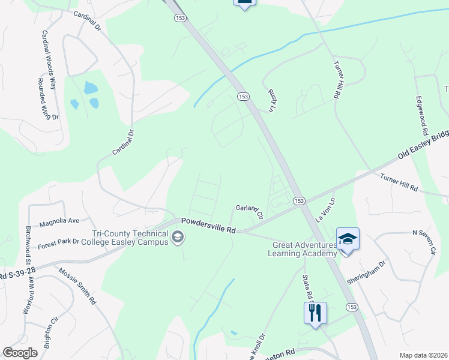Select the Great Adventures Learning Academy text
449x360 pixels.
pyautogui.click(x=304, y=249)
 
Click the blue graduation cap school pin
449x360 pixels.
pyautogui.click(x=348, y=239)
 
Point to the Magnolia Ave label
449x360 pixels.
pyautogui.click(x=59, y=222)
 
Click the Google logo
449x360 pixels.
pyautogui.click(x=20, y=352)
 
